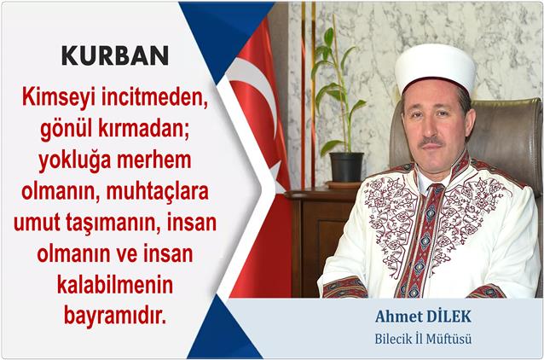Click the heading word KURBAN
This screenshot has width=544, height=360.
click(x=115, y=55)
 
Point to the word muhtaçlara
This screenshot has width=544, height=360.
click(x=158, y=192)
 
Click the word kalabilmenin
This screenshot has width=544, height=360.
click(x=115, y=285)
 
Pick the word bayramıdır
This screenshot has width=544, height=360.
click(x=115, y=316)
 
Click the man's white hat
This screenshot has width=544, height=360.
click(x=435, y=67)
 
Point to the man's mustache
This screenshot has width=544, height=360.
click(x=431, y=142)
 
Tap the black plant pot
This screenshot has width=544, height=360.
click(x=346, y=167)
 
